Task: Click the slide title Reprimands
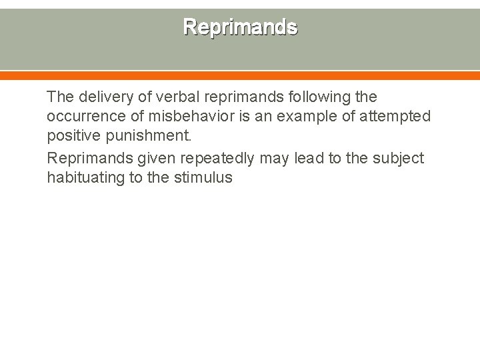240,27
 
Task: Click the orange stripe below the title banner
240,76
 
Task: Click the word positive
71,137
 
